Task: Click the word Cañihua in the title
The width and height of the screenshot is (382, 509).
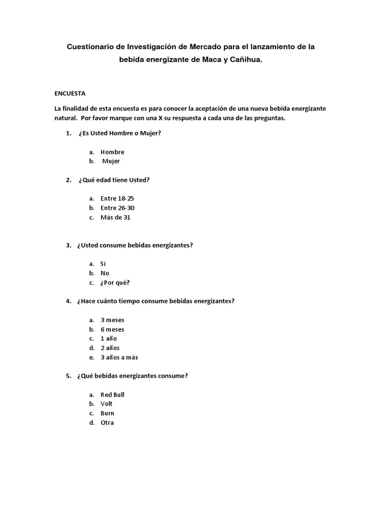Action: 245,60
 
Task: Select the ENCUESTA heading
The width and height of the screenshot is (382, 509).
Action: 70,93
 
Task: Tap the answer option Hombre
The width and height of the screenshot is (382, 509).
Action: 112,152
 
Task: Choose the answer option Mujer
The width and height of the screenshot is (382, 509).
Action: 111,161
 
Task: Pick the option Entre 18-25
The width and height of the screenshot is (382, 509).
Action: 117,198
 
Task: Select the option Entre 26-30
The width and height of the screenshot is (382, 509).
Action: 117,208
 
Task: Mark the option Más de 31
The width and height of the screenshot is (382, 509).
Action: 115,217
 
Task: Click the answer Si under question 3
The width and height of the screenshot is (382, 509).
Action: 103,264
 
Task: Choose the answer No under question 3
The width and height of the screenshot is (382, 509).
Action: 104,273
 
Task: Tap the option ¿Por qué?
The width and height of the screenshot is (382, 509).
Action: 115,283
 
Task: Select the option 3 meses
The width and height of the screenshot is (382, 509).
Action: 112,320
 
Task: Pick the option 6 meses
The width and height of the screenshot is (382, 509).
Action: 112,330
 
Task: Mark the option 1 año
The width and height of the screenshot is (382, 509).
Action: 109,339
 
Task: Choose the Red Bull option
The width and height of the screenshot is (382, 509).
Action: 112,395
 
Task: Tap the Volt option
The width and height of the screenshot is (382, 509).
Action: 106,404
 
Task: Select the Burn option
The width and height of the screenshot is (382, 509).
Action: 107,413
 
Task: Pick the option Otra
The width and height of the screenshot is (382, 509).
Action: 107,423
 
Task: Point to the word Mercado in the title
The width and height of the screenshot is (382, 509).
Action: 209,47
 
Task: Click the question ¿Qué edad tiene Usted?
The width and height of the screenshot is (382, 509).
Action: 114,180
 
